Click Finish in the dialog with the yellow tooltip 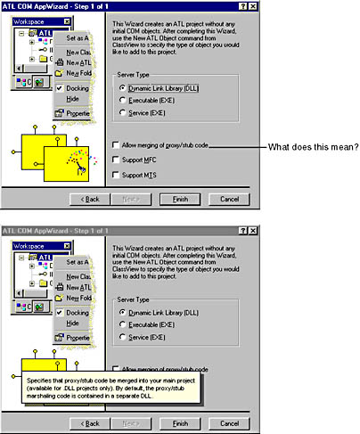[180, 422]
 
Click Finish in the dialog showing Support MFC [180, 197]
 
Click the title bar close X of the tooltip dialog [253, 231]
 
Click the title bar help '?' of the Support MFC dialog [241, 5]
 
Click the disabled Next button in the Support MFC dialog [132, 197]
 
